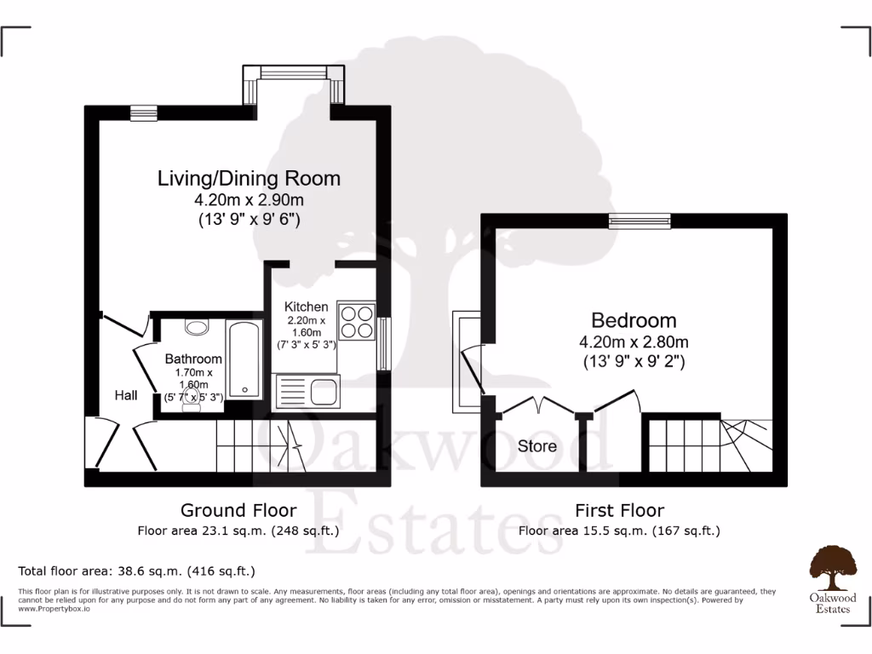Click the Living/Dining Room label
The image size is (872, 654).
249,179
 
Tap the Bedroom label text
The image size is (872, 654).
634,321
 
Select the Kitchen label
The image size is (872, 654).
306,307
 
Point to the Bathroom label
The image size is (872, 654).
193,359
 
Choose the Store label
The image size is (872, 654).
537,446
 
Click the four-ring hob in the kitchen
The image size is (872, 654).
356,321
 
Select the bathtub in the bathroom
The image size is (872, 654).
244,359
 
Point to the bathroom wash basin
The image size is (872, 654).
197,326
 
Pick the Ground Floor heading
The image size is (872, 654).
238,511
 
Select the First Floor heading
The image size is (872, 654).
619,511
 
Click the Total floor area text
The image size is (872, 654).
136,571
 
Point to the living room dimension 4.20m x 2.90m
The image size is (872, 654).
249,201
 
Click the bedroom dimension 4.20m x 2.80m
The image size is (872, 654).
634,342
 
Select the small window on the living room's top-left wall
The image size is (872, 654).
144,111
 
